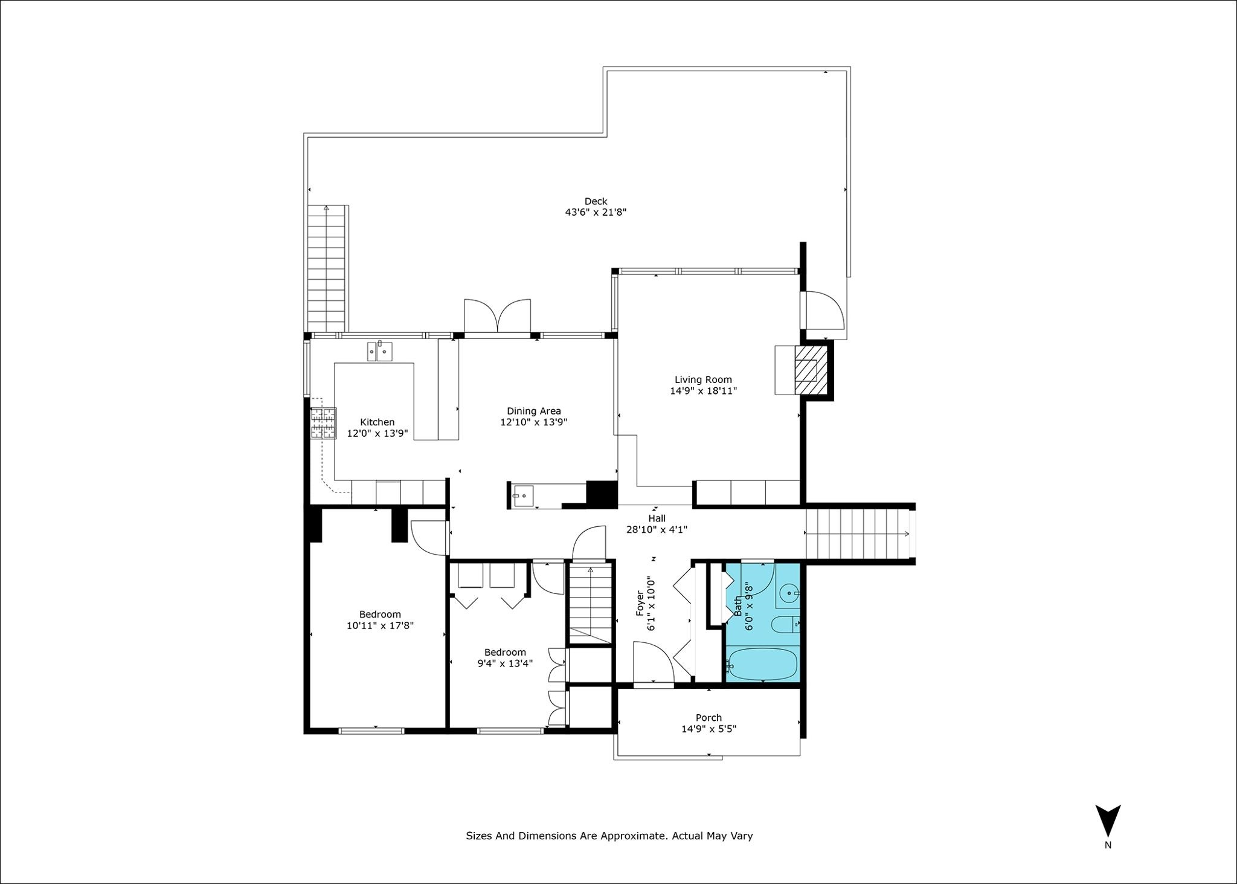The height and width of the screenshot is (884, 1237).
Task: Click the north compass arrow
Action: click(x=1108, y=824)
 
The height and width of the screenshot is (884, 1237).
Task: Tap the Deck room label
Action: click(x=596, y=201)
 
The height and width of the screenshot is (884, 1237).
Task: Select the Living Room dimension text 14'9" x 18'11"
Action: click(x=703, y=391)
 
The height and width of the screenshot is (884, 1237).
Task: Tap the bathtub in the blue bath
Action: click(x=763, y=664)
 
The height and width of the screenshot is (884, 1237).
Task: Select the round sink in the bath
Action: click(x=789, y=595)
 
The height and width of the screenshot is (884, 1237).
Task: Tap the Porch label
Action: click(x=708, y=718)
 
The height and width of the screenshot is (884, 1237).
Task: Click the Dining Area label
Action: click(x=534, y=411)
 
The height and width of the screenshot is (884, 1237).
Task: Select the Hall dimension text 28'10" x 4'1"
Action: click(x=657, y=529)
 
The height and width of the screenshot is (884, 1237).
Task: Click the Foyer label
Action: click(x=640, y=604)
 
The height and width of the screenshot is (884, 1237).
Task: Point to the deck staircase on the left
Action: click(x=327, y=265)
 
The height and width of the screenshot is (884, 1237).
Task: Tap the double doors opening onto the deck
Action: click(x=497, y=315)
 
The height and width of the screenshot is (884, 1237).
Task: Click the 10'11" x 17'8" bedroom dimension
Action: click(x=380, y=625)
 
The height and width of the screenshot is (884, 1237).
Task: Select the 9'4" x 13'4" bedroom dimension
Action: click(x=505, y=663)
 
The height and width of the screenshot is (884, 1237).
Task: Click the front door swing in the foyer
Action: click(x=654, y=662)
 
